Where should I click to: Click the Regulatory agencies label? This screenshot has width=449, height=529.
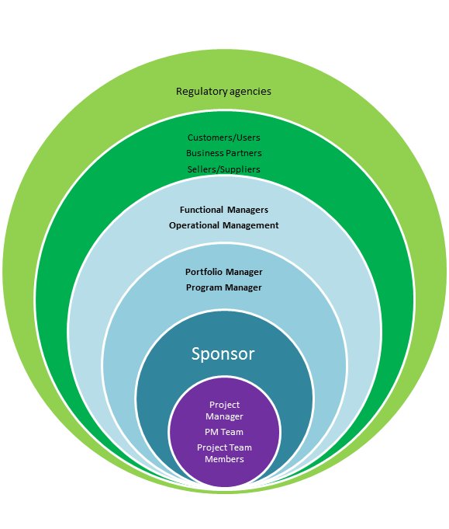coord(224,92)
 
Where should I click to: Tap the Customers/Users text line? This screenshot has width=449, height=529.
coord(224,137)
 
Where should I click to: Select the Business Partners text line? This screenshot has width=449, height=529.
coord(224,153)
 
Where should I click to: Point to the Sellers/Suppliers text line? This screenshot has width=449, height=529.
coord(224,169)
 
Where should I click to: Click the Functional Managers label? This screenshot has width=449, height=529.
coord(224,210)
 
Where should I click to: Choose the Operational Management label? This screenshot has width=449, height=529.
coord(224,225)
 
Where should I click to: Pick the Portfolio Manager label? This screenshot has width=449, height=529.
coord(224,272)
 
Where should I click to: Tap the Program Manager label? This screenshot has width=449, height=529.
coord(224,287)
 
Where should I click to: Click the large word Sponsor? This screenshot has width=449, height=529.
coord(223,354)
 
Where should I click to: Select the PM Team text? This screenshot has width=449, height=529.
coord(224,432)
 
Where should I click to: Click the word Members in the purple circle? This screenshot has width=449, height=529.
coord(224,459)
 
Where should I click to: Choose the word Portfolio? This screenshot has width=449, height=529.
coord(204,272)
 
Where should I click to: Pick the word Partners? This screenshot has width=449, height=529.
coord(243,153)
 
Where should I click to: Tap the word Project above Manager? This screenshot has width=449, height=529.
coord(224,405)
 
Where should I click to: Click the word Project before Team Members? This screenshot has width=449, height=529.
coord(212,447)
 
